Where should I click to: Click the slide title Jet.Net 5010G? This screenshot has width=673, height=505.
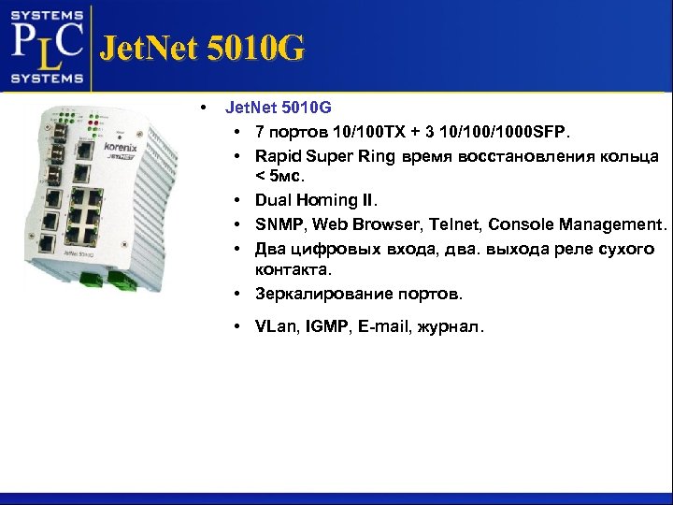201,48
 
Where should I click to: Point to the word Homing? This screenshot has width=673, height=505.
324,200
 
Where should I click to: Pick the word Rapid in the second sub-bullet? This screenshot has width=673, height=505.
278,155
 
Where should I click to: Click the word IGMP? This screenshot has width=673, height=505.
331,326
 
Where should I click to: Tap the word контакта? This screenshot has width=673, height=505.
292,269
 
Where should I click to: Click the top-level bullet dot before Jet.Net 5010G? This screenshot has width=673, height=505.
203,108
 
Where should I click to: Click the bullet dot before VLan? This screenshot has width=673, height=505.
240,326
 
